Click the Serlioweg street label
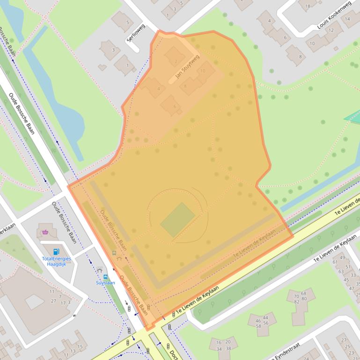pos(136,33)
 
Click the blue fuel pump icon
pos(56,252)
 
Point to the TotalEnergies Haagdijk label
pos(56,261)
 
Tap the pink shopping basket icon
pos(45,231)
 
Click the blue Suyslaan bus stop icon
pos(105,276)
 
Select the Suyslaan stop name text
pos(105,283)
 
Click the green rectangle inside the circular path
pos(177,220)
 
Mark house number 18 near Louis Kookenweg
pos(308,6)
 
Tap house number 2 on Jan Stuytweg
pos(176,61)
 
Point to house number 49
pos(342,258)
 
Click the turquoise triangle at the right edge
pos(353,117)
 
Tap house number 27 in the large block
pos(54,301)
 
